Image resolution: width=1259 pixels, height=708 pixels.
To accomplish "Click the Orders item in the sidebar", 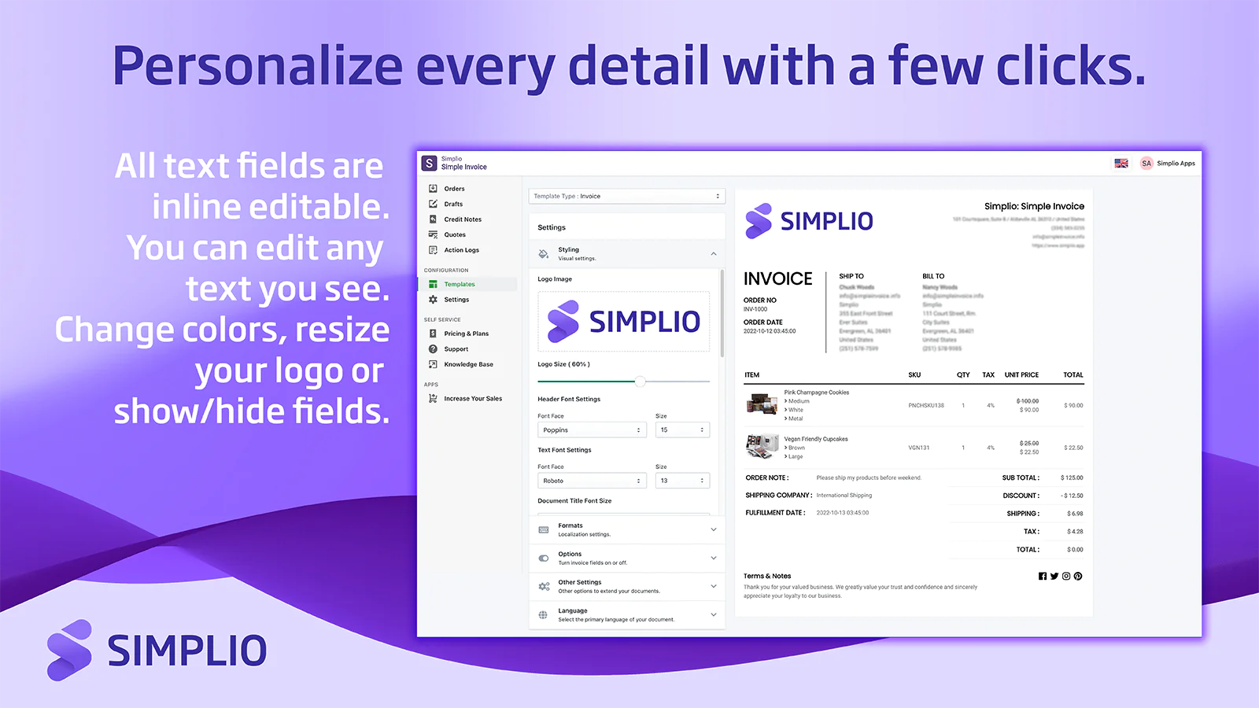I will pyautogui.click(x=454, y=189).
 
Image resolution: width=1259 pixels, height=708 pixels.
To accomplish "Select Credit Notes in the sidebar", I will pyautogui.click(x=462, y=219).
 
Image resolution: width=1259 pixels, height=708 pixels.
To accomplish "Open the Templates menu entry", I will pyautogui.click(x=459, y=284).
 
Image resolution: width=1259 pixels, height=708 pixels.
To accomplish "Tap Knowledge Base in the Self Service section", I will pyautogui.click(x=468, y=364).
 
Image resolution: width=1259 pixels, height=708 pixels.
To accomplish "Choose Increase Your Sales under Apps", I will pyautogui.click(x=472, y=399).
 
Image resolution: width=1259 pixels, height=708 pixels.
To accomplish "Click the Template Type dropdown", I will pyautogui.click(x=626, y=196).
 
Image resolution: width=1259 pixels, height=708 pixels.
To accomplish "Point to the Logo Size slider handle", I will pyautogui.click(x=641, y=382).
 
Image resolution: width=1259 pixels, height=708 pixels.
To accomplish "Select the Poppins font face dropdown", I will pyautogui.click(x=592, y=430).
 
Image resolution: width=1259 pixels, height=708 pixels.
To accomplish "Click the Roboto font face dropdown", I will pyautogui.click(x=592, y=481).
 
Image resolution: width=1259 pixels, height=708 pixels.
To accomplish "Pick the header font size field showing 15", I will pyautogui.click(x=682, y=430).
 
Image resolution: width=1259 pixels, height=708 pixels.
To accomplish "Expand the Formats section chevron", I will pyautogui.click(x=714, y=529).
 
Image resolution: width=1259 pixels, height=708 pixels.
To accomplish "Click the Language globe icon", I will pyautogui.click(x=543, y=615).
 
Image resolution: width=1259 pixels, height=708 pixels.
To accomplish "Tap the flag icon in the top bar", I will pyautogui.click(x=1121, y=164).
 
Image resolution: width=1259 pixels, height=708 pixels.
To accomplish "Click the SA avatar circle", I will pyautogui.click(x=1146, y=164).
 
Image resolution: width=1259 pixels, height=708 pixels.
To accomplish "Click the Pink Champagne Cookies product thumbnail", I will pyautogui.click(x=762, y=404).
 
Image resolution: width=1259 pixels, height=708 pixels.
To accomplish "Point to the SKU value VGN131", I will pyautogui.click(x=919, y=448).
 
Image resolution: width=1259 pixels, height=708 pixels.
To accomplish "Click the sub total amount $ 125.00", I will pyautogui.click(x=1072, y=478).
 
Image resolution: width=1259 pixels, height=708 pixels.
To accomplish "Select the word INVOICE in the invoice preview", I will pyautogui.click(x=777, y=278).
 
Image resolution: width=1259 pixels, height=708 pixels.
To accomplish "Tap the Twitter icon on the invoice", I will pyautogui.click(x=1054, y=577).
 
